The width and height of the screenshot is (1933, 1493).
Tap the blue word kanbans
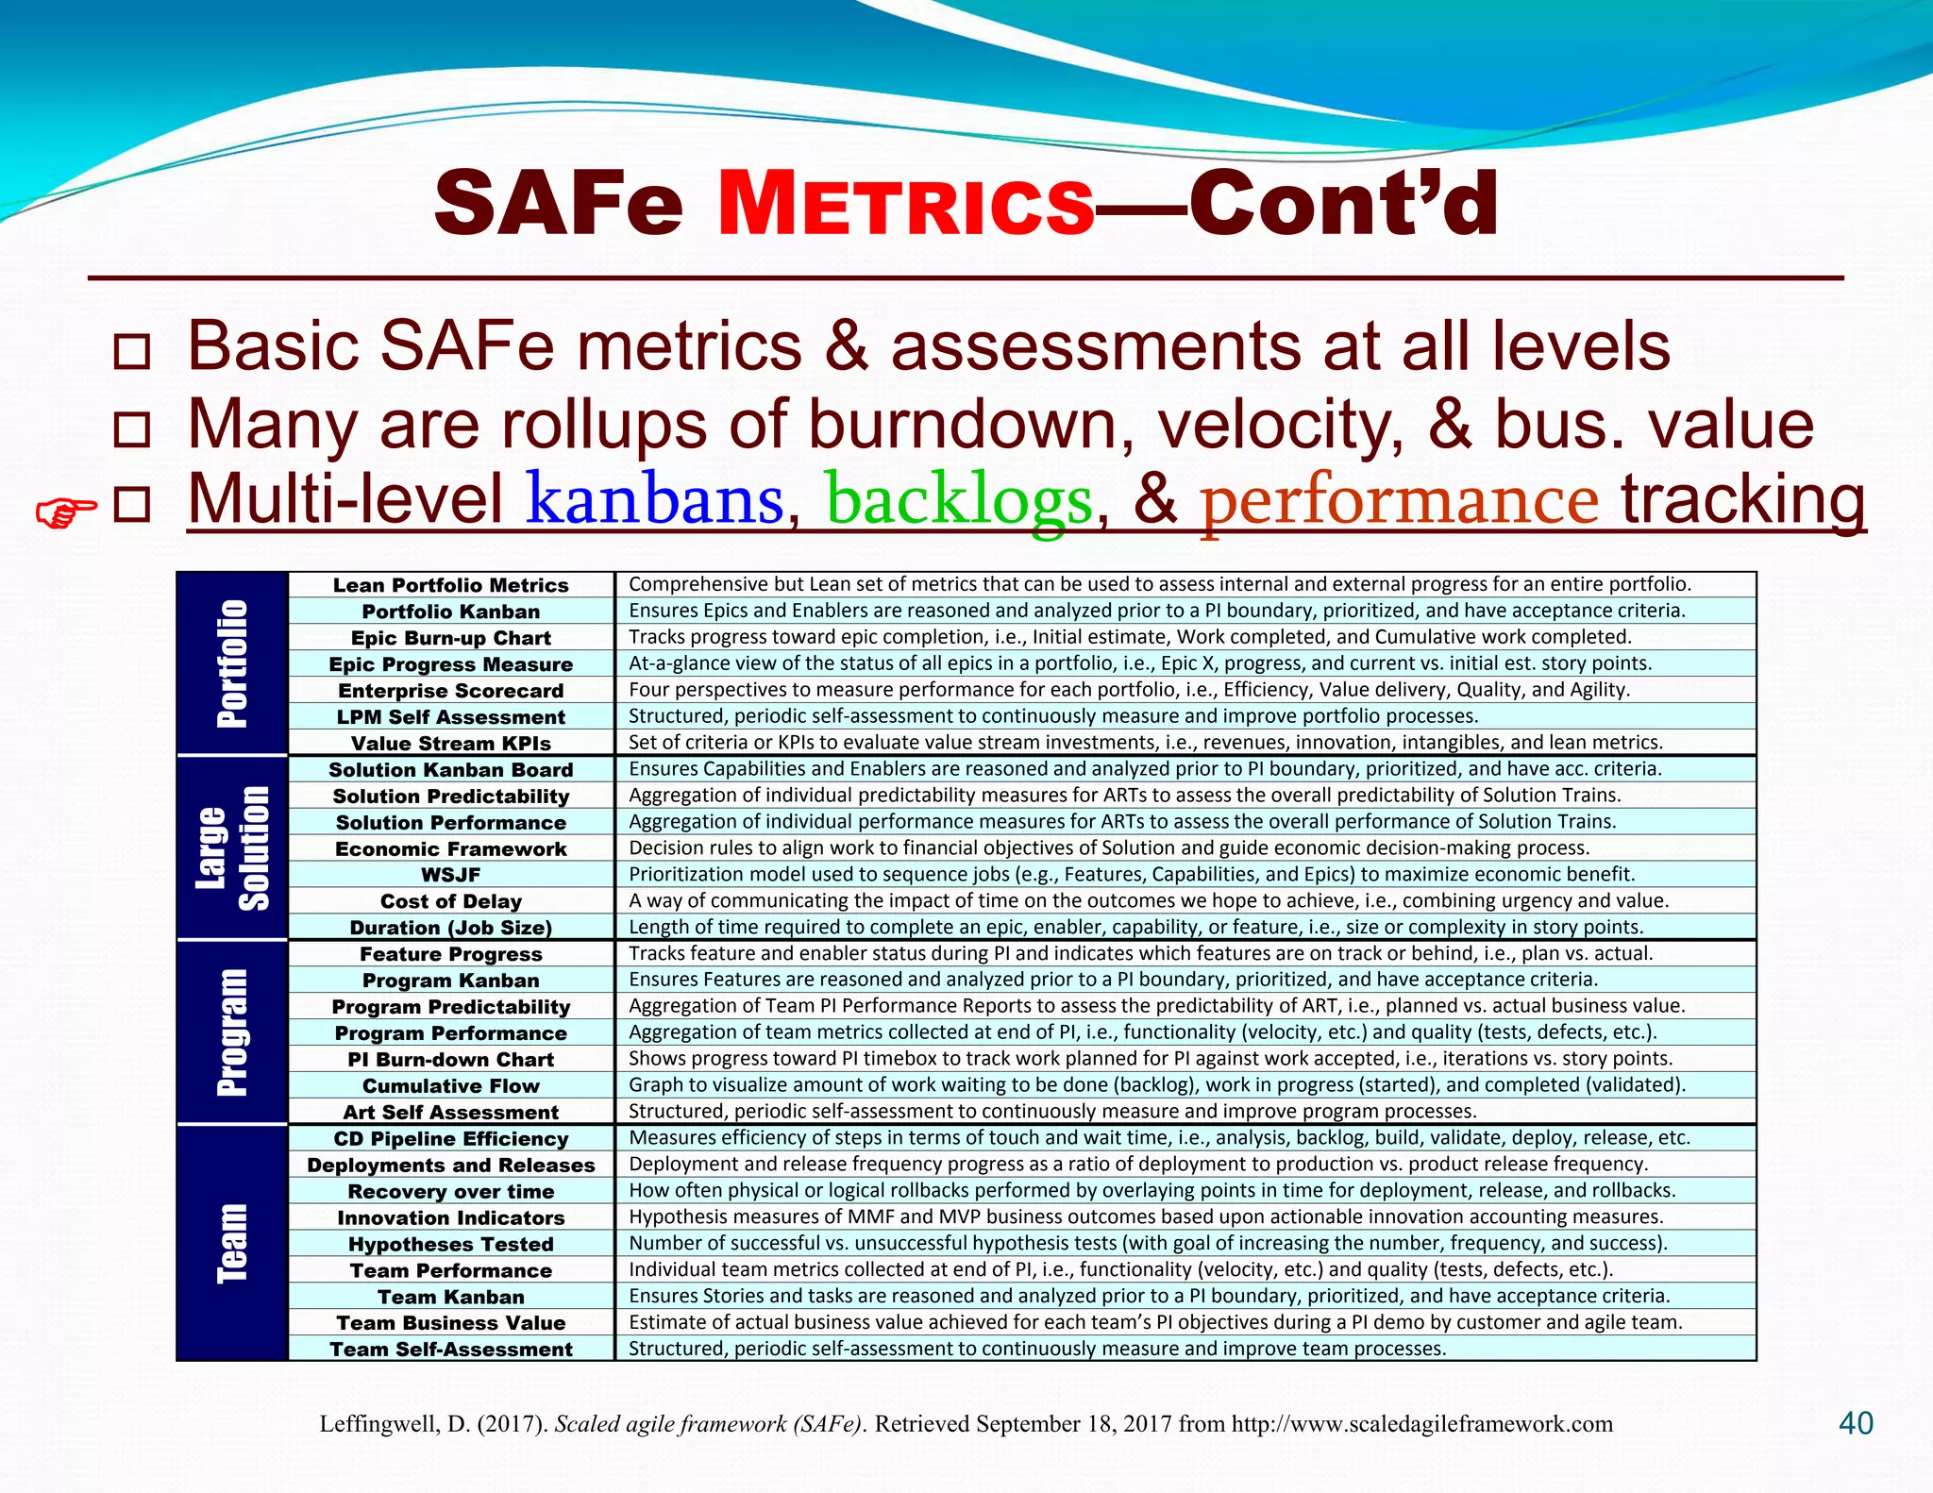[655, 499]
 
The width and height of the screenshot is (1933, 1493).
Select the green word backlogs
[959, 499]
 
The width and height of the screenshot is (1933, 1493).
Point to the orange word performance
[1399, 499]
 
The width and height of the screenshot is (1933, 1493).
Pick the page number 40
[1856, 1423]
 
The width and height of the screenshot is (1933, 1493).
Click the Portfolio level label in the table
[232, 663]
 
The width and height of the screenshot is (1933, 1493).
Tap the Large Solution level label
[232, 847]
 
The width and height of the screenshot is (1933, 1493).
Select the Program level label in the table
[232, 1032]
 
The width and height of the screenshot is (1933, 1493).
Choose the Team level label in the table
[232, 1242]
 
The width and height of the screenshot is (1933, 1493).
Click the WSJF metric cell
[451, 875]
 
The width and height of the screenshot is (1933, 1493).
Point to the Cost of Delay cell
[451, 901]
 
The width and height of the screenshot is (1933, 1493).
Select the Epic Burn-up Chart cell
[451, 638]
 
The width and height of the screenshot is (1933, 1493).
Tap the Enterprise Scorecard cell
[451, 691]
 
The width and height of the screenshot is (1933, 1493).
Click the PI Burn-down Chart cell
[451, 1060]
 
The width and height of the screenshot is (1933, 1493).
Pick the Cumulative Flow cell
[451, 1086]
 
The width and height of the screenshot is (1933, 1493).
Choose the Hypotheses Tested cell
[451, 1244]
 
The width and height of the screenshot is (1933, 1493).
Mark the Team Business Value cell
[451, 1323]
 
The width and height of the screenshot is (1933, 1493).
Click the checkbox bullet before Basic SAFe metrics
[131, 351]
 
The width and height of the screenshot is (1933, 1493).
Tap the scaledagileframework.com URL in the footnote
[1422, 1424]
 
